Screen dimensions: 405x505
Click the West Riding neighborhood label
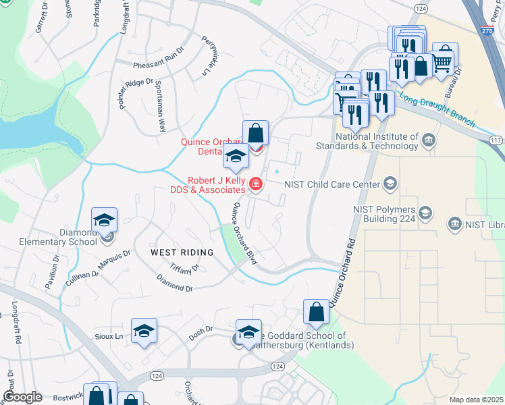[182, 252]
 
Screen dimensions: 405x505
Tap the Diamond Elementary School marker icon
[105, 220]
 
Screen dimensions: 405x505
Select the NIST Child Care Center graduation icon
[390, 183]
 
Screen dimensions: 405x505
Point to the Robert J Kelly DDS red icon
[256, 184]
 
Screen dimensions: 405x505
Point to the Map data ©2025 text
[475, 400]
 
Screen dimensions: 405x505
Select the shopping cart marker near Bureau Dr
[443, 61]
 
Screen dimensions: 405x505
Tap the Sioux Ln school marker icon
[144, 331]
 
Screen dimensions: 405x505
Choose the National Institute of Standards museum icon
[428, 140]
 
